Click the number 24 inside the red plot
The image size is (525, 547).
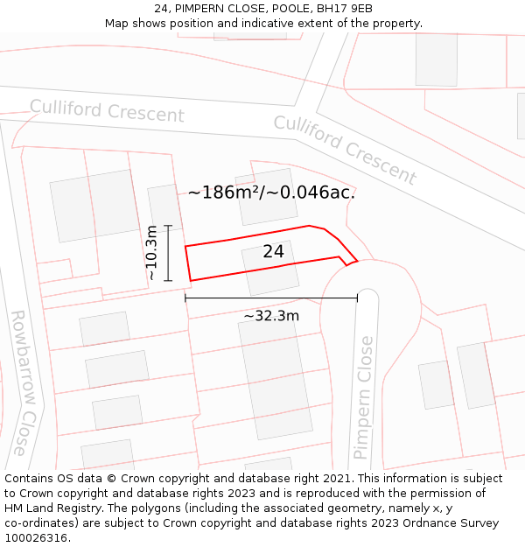(273, 252)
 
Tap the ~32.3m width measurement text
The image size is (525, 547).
(271, 316)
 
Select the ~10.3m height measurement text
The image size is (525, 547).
(152, 253)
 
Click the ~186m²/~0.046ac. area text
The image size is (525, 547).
(271, 193)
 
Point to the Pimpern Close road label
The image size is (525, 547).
(364, 398)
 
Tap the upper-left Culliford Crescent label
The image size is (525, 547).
(107, 112)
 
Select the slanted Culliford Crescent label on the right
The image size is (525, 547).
(345, 149)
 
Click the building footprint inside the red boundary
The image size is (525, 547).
(270, 268)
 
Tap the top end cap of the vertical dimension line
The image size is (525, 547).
(168, 226)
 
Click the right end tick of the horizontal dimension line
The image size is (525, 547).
(357, 298)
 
